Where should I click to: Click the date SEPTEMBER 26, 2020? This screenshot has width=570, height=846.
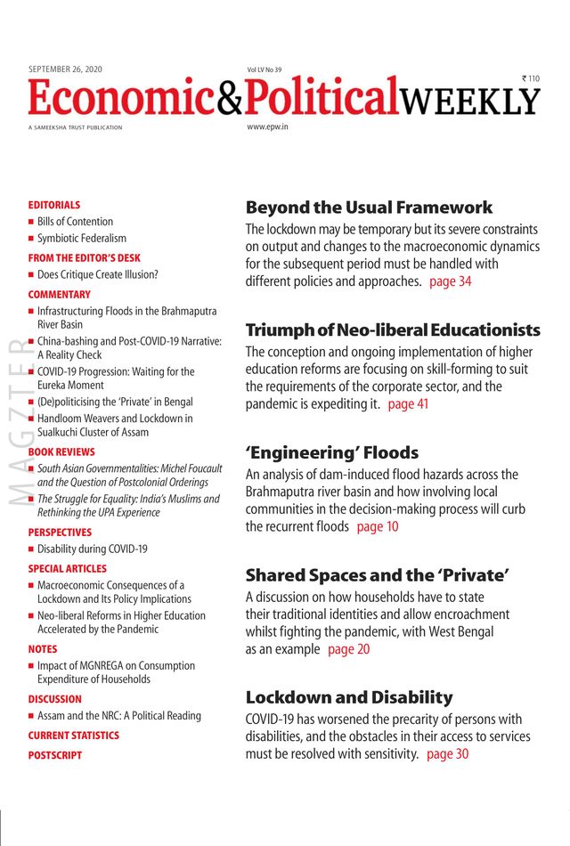click(x=67, y=69)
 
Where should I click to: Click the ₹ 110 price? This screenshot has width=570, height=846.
click(x=531, y=78)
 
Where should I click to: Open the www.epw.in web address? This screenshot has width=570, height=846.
click(x=268, y=127)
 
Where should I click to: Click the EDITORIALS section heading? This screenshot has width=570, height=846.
click(x=53, y=205)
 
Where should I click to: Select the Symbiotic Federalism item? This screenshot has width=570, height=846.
click(x=82, y=239)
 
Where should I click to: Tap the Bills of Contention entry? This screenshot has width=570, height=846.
click(x=75, y=222)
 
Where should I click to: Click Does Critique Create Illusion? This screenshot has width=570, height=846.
click(x=97, y=275)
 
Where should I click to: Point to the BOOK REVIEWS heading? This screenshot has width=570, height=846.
click(x=61, y=452)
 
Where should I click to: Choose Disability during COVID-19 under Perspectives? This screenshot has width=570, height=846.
click(x=92, y=549)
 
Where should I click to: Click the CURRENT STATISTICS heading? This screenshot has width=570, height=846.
click(x=73, y=736)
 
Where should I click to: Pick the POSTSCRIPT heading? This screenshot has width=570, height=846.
click(x=54, y=755)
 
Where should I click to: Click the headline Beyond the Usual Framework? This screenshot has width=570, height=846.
click(x=369, y=207)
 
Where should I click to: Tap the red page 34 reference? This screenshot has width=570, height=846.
click(x=451, y=281)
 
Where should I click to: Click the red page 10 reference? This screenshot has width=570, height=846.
click(x=378, y=526)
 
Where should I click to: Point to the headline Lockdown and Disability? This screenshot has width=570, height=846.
click(x=349, y=697)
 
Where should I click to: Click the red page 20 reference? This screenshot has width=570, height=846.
click(x=349, y=649)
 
